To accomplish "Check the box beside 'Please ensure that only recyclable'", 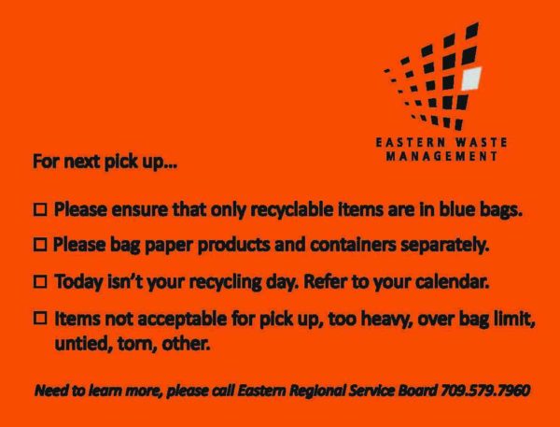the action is [40, 210].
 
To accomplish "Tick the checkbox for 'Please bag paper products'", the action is [40, 245].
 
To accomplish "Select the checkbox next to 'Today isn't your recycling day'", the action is [40, 282].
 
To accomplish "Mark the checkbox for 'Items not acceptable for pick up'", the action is [40, 318].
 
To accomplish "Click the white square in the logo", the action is [471, 78].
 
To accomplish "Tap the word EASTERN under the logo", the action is [411, 143].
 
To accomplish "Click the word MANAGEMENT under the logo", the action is [441, 156].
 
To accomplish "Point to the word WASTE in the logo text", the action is [481, 143].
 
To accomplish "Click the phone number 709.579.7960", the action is [485, 391].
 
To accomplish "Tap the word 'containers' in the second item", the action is [353, 245].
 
